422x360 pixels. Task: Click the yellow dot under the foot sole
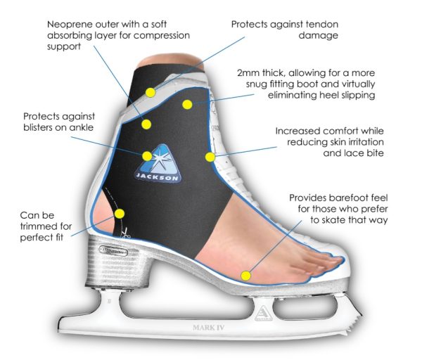click(246, 276)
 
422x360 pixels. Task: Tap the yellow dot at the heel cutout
click(120, 213)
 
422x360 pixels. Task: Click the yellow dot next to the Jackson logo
click(146, 156)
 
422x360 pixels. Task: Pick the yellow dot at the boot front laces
click(209, 156)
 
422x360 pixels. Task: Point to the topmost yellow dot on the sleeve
click(150, 92)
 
